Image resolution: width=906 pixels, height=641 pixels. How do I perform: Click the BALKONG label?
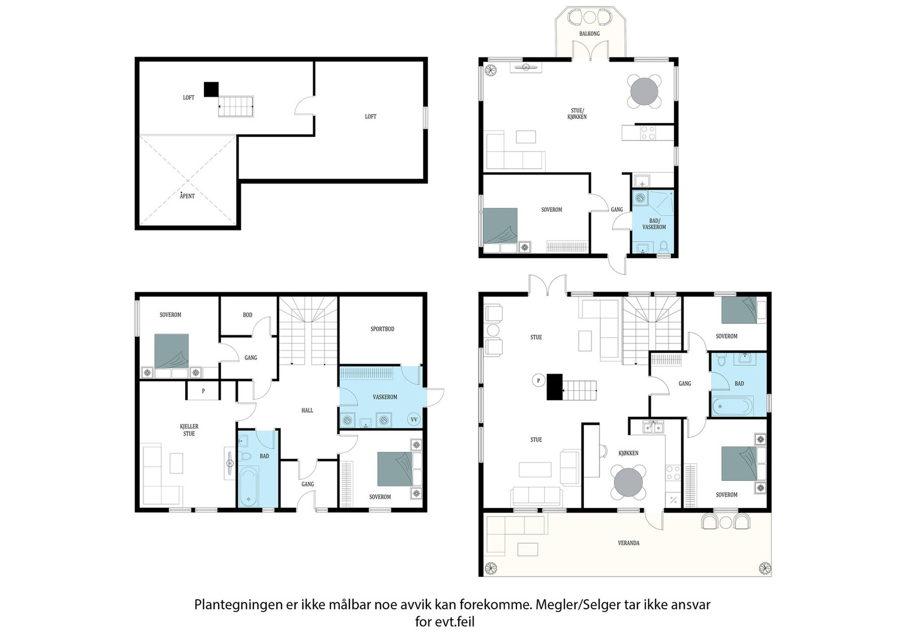click(589, 33)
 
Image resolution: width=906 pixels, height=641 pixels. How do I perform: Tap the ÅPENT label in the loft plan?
click(187, 196)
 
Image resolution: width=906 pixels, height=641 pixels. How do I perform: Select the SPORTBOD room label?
click(382, 329)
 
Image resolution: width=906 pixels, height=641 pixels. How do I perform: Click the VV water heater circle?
click(414, 420)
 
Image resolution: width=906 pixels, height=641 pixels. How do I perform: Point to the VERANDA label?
click(629, 542)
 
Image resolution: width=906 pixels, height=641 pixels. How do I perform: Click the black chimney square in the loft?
click(211, 89)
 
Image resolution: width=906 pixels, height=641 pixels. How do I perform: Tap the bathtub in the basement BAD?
click(249, 486)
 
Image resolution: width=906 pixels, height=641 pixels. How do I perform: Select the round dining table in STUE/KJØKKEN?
click(644, 91)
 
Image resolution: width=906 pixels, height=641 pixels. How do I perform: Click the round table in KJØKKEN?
click(628, 482)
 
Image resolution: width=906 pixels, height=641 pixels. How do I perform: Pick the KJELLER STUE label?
click(189, 430)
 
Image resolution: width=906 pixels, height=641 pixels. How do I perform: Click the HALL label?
click(307, 410)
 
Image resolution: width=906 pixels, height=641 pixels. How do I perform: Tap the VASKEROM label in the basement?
click(385, 397)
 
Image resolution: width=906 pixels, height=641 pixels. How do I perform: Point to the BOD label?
click(247, 315)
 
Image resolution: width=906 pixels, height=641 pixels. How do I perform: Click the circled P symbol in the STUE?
click(539, 381)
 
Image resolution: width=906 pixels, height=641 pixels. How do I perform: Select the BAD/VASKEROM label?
click(654, 224)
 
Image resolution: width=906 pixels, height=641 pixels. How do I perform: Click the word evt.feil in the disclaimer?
click(455, 622)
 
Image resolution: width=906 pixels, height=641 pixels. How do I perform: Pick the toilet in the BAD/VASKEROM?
click(663, 246)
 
